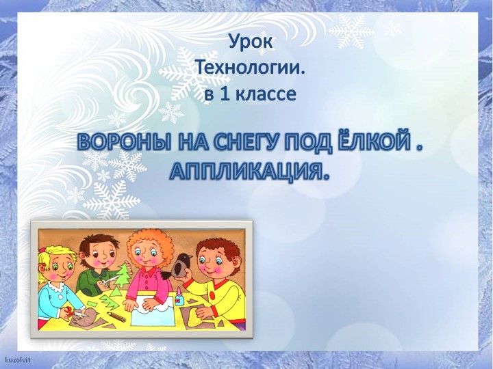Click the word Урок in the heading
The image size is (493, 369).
click(250, 43)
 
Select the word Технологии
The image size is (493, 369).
click(250, 68)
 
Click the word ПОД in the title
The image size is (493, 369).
click(312, 143)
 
